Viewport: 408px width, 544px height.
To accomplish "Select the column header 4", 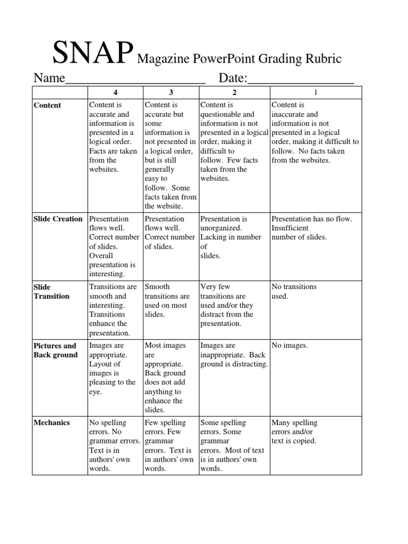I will tap(115, 93).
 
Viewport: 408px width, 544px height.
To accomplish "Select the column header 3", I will tap(171, 93).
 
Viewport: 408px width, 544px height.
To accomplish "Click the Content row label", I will tap(47, 105).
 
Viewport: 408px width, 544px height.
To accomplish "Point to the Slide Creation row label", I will tap(58, 219).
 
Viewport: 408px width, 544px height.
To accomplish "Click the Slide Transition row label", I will tap(51, 291).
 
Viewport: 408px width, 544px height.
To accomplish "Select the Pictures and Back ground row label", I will tap(55, 350).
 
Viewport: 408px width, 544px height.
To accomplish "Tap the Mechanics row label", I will tap(52, 423).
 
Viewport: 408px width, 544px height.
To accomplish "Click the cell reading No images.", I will tap(290, 346).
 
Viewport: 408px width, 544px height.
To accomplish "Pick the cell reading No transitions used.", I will tap(294, 291).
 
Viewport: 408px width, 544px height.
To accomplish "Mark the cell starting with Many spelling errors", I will tap(294, 431).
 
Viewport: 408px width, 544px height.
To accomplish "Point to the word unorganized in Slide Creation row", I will tap(220, 228).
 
